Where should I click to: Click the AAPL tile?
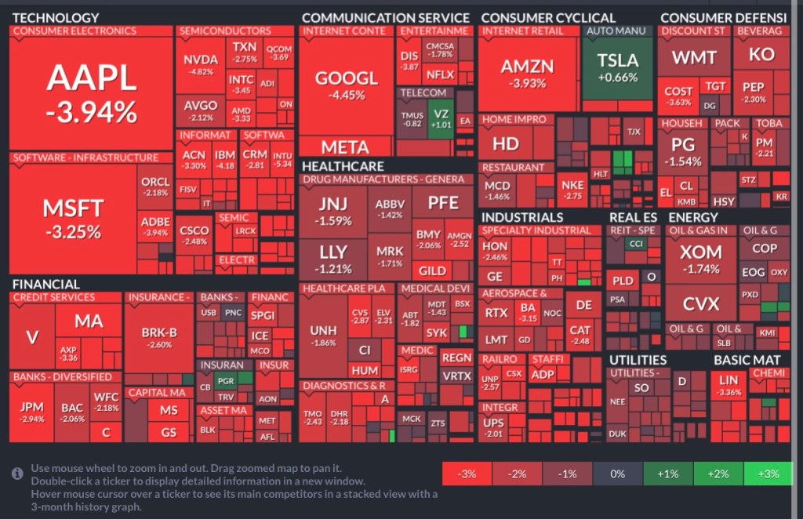point(91,93)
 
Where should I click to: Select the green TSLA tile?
point(617,68)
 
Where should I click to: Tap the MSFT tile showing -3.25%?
point(72,218)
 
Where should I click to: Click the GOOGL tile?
point(346,85)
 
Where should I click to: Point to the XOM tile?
point(700,259)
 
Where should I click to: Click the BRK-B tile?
point(159,338)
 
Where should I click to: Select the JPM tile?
point(32,412)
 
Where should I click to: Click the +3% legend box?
point(768,474)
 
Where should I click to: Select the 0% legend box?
point(618,474)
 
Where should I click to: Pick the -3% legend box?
point(467,474)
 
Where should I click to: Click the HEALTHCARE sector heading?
point(343,166)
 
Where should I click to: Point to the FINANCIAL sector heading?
point(45,284)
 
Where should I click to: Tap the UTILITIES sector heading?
point(638,360)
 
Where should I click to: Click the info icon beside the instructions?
point(17,474)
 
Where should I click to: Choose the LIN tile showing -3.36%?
point(729,385)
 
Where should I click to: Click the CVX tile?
point(700,304)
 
